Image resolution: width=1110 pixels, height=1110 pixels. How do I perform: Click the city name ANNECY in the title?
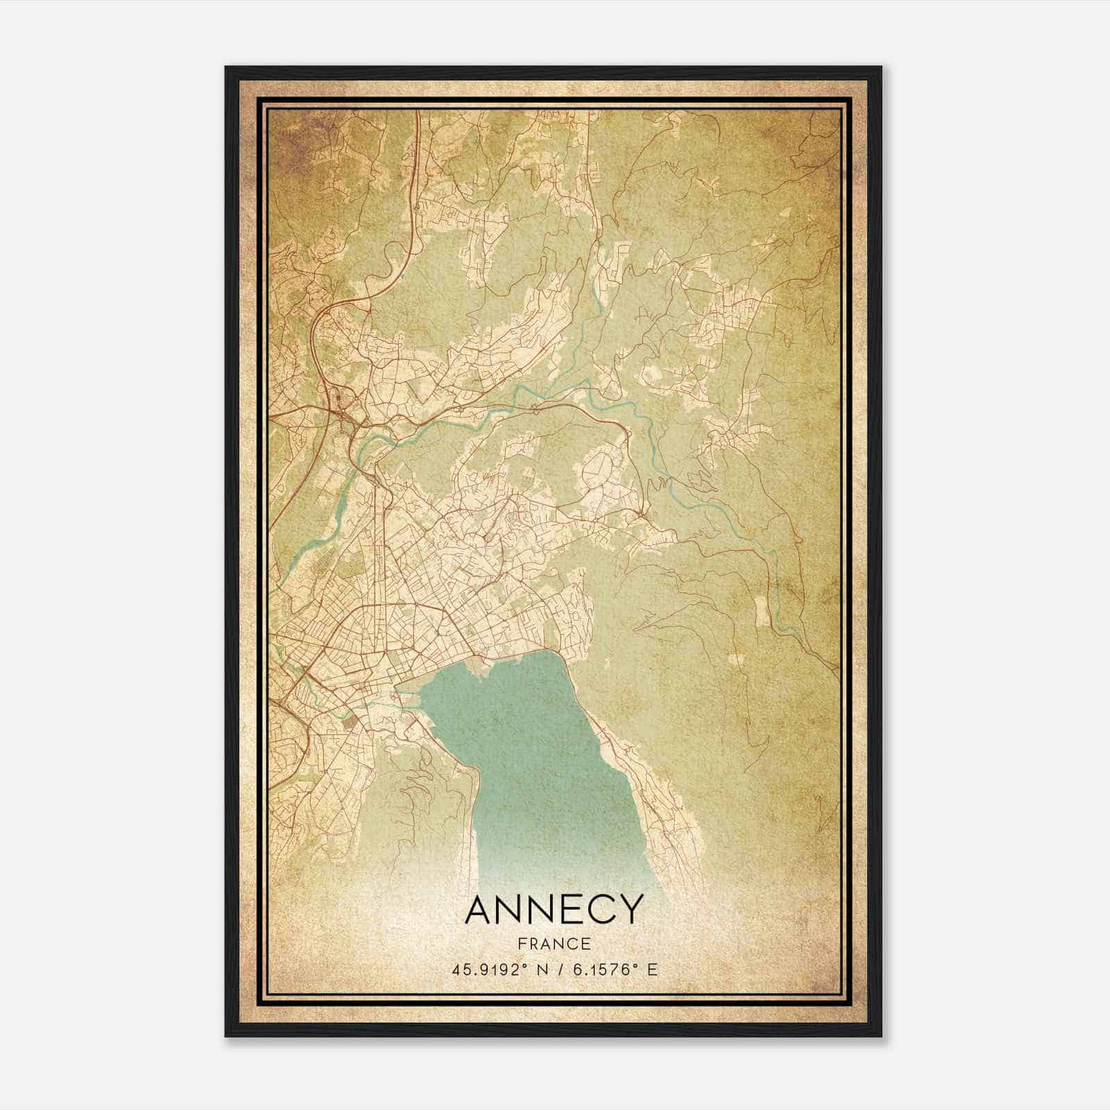click(554, 909)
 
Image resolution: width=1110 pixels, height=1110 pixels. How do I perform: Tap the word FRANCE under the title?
click(554, 943)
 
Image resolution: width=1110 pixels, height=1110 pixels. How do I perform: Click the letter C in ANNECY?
click(600, 909)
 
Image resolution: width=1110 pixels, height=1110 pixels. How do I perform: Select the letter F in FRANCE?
click(521, 943)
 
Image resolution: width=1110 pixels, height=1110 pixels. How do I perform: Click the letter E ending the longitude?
click(651, 970)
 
